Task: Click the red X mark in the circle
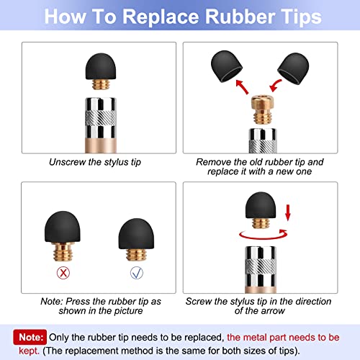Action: [63, 273]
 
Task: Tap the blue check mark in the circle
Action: [137, 273]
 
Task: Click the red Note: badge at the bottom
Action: [30, 337]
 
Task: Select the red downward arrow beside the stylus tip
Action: [288, 212]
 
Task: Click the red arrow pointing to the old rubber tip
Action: [242, 86]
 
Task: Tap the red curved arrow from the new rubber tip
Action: [275, 86]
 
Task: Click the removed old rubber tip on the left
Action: [227, 66]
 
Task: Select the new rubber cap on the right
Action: [293, 68]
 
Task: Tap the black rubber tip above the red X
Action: [63, 227]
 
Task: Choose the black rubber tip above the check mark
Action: [136, 233]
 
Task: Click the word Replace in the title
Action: [161, 17]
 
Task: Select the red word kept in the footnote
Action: [29, 351]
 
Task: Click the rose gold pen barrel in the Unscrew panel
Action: [101, 145]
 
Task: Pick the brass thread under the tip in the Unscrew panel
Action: [101, 84]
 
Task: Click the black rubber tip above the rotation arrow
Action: [261, 205]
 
